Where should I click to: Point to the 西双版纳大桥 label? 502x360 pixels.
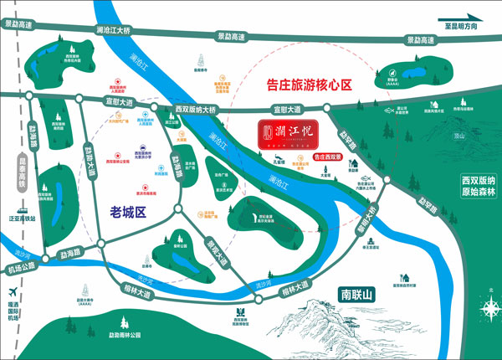click(x=196, y=110)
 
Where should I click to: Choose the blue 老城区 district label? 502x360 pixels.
click(x=127, y=213)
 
